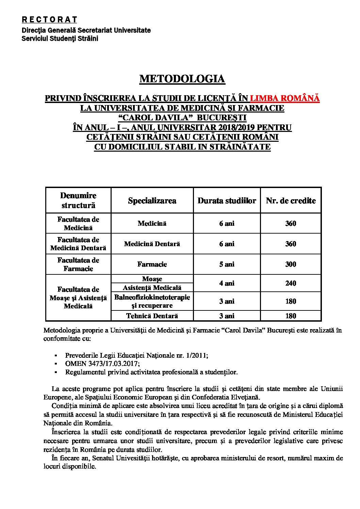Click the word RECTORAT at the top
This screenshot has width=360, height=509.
click(x=49, y=20)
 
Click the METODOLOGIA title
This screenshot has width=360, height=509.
click(x=182, y=79)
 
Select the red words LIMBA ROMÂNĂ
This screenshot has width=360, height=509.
click(x=285, y=98)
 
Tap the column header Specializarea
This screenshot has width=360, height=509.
click(x=152, y=201)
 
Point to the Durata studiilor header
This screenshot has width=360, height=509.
click(x=227, y=201)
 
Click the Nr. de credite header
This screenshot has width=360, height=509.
click(x=291, y=201)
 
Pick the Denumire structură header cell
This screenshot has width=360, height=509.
click(x=78, y=200)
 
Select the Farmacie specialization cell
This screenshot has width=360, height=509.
click(x=152, y=264)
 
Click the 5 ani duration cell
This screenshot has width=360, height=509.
click(x=227, y=264)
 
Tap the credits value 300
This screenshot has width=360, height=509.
click(x=291, y=264)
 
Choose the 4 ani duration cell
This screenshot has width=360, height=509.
click(x=227, y=283)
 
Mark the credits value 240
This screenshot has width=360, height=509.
click(x=291, y=283)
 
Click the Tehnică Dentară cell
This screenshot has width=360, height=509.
click(x=152, y=316)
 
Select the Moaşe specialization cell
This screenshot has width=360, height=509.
click(x=152, y=279)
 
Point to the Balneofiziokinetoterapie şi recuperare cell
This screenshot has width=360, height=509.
click(x=152, y=301)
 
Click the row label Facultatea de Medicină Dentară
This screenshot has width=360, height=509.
click(x=78, y=244)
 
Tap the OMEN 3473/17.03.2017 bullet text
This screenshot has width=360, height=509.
click(x=98, y=363)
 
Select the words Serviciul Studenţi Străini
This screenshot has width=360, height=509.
click(x=60, y=38)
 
